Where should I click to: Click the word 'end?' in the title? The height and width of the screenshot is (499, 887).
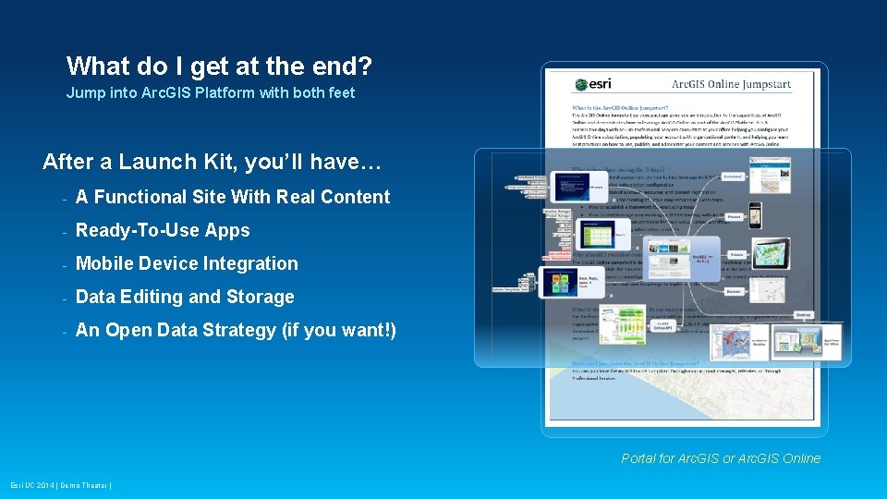pyautogui.click(x=337, y=67)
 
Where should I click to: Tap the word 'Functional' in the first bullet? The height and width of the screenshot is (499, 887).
pyautogui.click(x=139, y=197)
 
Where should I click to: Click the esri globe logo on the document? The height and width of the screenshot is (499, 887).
pyautogui.click(x=579, y=85)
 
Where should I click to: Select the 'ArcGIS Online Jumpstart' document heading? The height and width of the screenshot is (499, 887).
pyautogui.click(x=731, y=85)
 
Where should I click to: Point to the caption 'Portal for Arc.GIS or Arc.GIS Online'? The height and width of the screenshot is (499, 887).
pyautogui.click(x=721, y=458)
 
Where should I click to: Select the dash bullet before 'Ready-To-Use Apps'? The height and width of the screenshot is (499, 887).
pyautogui.click(x=64, y=231)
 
